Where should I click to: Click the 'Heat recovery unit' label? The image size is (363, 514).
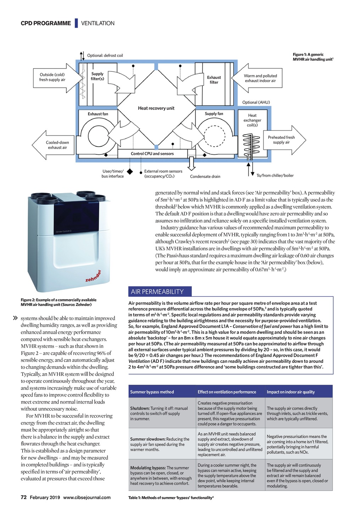coord(156,108)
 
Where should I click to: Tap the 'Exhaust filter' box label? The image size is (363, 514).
coord(214,80)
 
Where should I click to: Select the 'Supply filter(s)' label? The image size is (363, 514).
coord(97,76)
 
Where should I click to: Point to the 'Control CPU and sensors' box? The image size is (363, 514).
coord(152,154)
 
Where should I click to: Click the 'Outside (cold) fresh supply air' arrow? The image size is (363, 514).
coord(57,77)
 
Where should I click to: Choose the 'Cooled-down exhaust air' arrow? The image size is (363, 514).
coord(53,145)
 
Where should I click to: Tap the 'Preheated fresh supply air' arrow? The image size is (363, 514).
coord(284,140)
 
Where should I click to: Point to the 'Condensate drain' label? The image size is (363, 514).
coord(205,176)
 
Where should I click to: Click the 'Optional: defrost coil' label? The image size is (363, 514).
coord(105,55)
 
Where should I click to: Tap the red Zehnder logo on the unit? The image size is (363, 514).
coord(93,276)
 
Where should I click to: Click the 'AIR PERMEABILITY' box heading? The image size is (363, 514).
coord(157,292)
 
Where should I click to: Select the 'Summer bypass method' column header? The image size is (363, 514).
coord(152,392)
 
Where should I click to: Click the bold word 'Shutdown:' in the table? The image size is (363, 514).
coord(140,409)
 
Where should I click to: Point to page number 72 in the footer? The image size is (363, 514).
coord(24,497)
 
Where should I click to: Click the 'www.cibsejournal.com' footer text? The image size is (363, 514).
coord(87,497)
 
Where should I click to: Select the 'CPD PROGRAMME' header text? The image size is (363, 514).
coord(46,23)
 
